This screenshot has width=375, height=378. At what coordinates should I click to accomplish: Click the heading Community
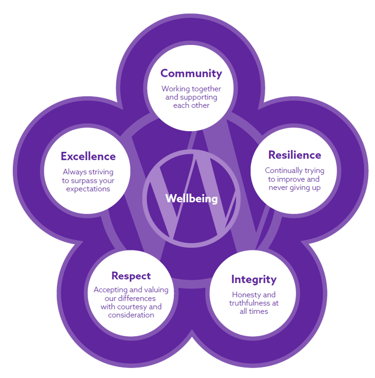coord(191,73)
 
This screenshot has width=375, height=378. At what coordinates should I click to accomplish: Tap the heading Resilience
coord(294,155)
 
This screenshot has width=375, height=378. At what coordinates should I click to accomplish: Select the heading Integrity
coord(254,280)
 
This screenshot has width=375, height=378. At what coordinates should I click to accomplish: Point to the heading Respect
coord(131,276)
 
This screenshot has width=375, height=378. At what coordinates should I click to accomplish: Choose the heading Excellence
coord(88,156)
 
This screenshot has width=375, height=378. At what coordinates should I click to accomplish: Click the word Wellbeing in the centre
coord(191,198)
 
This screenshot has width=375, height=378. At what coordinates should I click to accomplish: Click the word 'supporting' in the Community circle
coord(199,97)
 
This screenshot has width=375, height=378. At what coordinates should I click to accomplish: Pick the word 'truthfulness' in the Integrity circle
coord(249,303)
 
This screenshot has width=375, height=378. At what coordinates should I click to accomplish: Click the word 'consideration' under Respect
coord(131,315)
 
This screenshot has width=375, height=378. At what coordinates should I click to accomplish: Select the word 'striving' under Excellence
coord(100,172)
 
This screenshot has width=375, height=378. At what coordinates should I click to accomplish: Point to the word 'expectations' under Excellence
coord(88,189)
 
